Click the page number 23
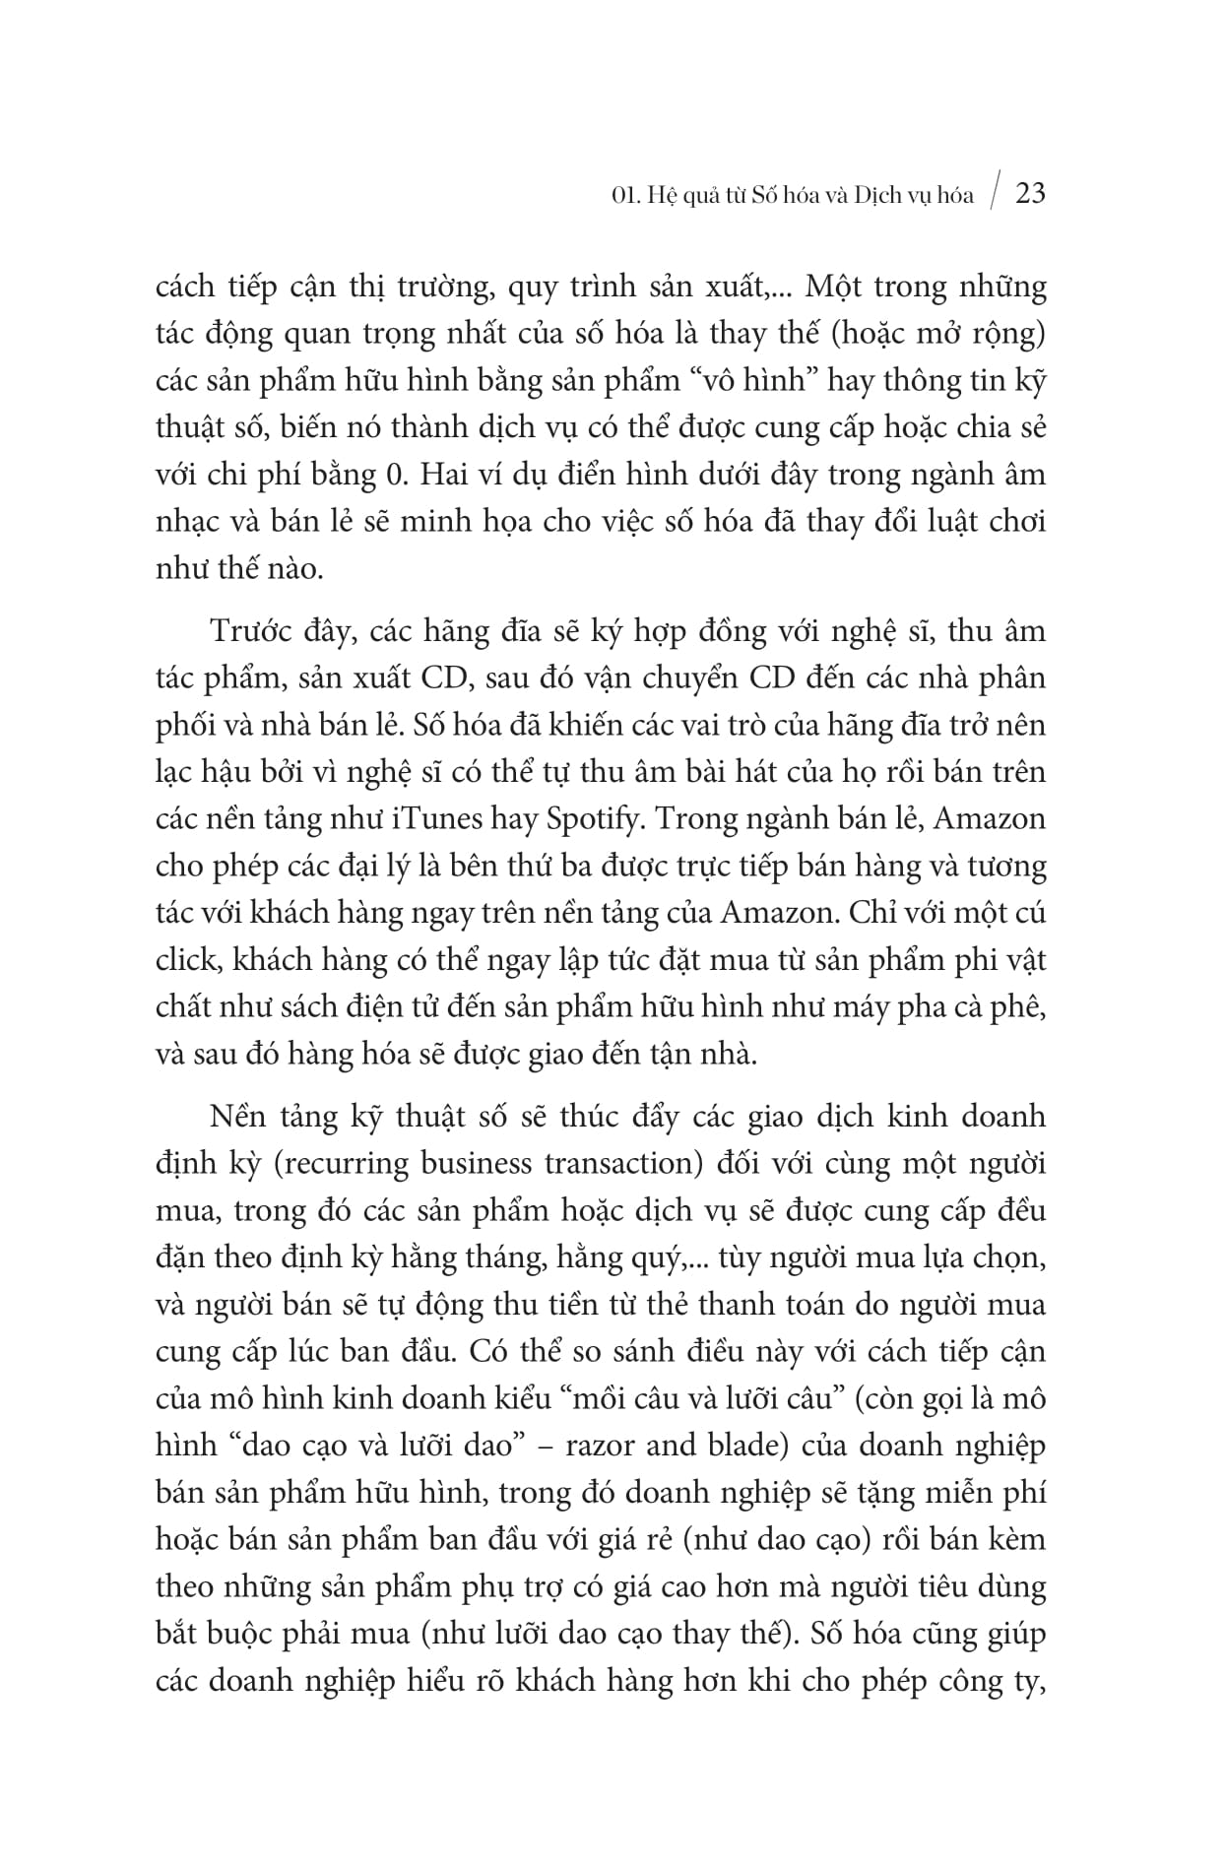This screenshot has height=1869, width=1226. click(x=1029, y=193)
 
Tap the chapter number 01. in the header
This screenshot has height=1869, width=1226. click(x=623, y=195)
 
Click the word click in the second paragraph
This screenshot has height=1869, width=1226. click(x=185, y=960)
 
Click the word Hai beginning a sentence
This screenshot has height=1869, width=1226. click(x=448, y=476)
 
